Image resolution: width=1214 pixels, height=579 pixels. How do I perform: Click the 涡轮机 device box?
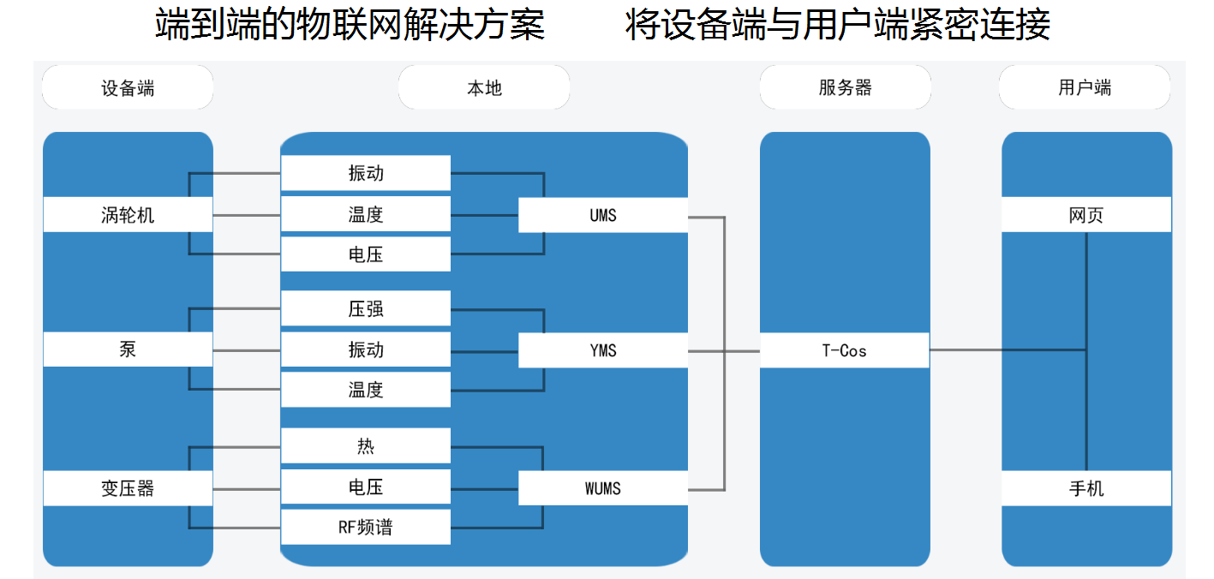128,214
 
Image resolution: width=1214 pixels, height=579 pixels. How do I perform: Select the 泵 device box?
128,349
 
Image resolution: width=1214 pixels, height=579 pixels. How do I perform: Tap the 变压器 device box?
128,488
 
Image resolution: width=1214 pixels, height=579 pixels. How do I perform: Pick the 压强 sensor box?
365,308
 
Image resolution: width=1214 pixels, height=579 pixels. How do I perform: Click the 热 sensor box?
365,446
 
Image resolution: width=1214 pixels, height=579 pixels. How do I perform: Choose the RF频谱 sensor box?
365,527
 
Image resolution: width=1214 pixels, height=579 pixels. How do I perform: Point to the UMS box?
602,215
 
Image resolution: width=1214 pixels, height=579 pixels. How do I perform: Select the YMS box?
602,350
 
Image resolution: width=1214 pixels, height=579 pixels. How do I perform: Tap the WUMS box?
602,488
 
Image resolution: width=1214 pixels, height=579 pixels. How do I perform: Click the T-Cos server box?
844,350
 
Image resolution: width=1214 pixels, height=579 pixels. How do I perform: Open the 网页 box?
1085,215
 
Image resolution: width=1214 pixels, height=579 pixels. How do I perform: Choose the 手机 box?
1085,488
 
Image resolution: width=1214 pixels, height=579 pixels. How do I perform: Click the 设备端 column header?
128,87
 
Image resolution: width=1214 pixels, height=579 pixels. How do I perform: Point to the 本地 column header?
484,87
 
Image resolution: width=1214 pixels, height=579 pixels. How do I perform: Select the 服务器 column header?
845,87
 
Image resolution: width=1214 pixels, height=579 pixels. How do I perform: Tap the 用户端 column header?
1085,87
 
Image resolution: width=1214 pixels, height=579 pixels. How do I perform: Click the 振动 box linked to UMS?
365,173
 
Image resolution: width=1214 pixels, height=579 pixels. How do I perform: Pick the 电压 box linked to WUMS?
365,486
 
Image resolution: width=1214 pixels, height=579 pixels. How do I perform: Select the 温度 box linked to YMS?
365,390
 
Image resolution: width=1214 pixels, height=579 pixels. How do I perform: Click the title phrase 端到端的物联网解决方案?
350,26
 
